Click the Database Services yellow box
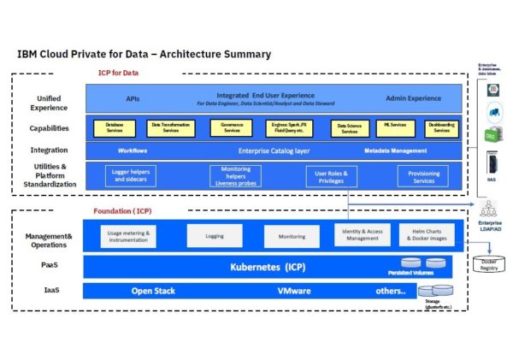pos(115,128)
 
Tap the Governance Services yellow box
pos(231,128)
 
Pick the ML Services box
pos(395,128)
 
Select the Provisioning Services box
pos(423,175)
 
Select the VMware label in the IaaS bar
pos(293,291)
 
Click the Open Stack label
pos(152,291)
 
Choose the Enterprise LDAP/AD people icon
pos(490,208)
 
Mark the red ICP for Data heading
pos(119,74)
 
